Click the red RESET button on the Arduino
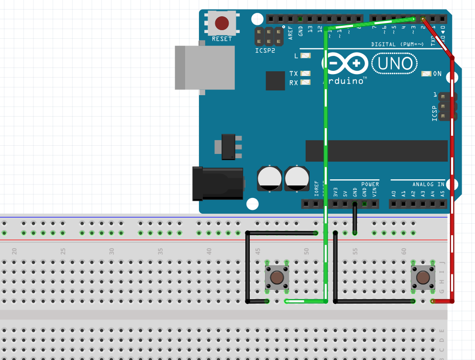221,23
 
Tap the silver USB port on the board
205,67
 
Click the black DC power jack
217,184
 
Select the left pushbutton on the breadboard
277,277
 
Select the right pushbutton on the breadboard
423,277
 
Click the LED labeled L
305,55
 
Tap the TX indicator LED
305,74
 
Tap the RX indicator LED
305,83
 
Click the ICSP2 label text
265,50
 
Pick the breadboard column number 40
209,251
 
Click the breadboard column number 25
63,251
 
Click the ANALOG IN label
428,184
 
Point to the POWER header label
370,184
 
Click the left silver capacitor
270,178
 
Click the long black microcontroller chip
376,151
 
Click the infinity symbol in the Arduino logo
345,64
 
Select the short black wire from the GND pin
354,218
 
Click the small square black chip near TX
275,80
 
